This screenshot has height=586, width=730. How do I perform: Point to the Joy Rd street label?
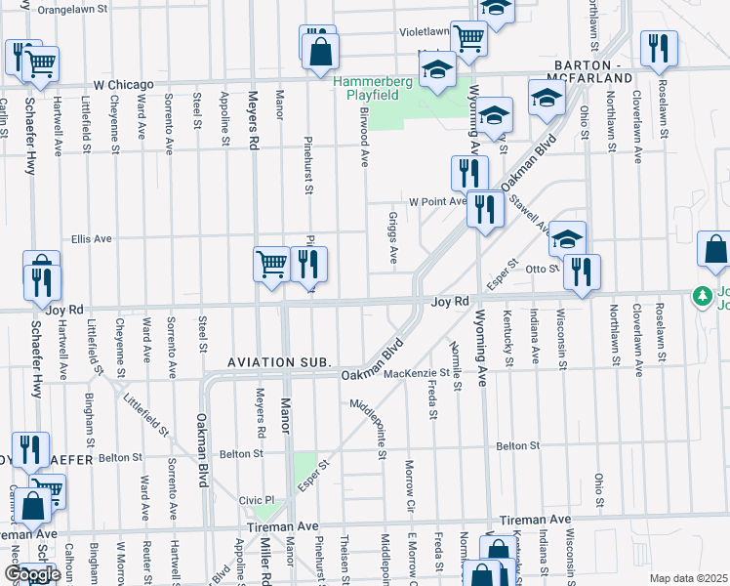450,303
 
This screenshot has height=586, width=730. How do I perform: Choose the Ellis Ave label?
92,237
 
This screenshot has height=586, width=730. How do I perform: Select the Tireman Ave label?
534,520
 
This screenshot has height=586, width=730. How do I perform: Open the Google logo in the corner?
32,573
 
